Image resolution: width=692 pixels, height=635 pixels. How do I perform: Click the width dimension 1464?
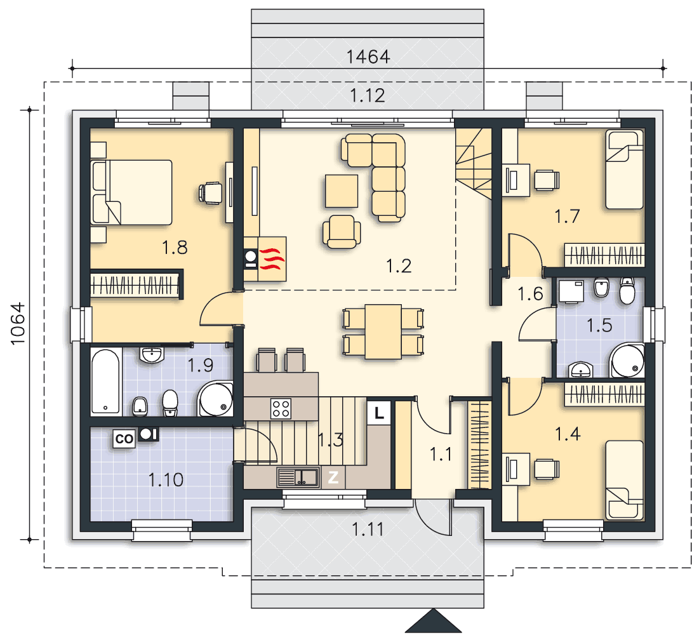(368, 57)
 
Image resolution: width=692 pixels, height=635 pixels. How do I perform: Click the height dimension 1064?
(18, 324)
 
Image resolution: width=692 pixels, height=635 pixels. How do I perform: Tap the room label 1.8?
(175, 248)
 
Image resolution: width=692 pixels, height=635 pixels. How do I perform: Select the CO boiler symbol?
(124, 439)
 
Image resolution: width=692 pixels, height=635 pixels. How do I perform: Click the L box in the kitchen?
(378, 413)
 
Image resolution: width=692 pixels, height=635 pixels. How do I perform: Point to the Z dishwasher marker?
(333, 477)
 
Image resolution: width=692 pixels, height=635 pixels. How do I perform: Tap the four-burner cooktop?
(281, 408)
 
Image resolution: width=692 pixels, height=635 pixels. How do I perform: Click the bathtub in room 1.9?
(106, 382)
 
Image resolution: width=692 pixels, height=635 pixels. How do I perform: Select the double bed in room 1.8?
(131, 192)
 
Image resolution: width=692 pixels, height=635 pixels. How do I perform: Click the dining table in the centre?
(383, 331)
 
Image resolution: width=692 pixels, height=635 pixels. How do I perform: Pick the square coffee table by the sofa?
(342, 191)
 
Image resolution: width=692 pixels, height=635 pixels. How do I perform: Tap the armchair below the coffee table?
(342, 232)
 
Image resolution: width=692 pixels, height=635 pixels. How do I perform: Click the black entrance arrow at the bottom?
(434, 621)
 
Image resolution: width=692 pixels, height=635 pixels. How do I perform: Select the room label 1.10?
(166, 479)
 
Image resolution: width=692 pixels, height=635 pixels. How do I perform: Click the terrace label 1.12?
(368, 95)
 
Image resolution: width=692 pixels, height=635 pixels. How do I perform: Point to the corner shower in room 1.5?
(627, 361)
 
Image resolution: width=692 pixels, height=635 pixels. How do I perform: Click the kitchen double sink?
(298, 478)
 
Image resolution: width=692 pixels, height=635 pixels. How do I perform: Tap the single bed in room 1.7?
(624, 169)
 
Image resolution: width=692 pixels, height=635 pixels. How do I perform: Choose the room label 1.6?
(530, 294)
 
